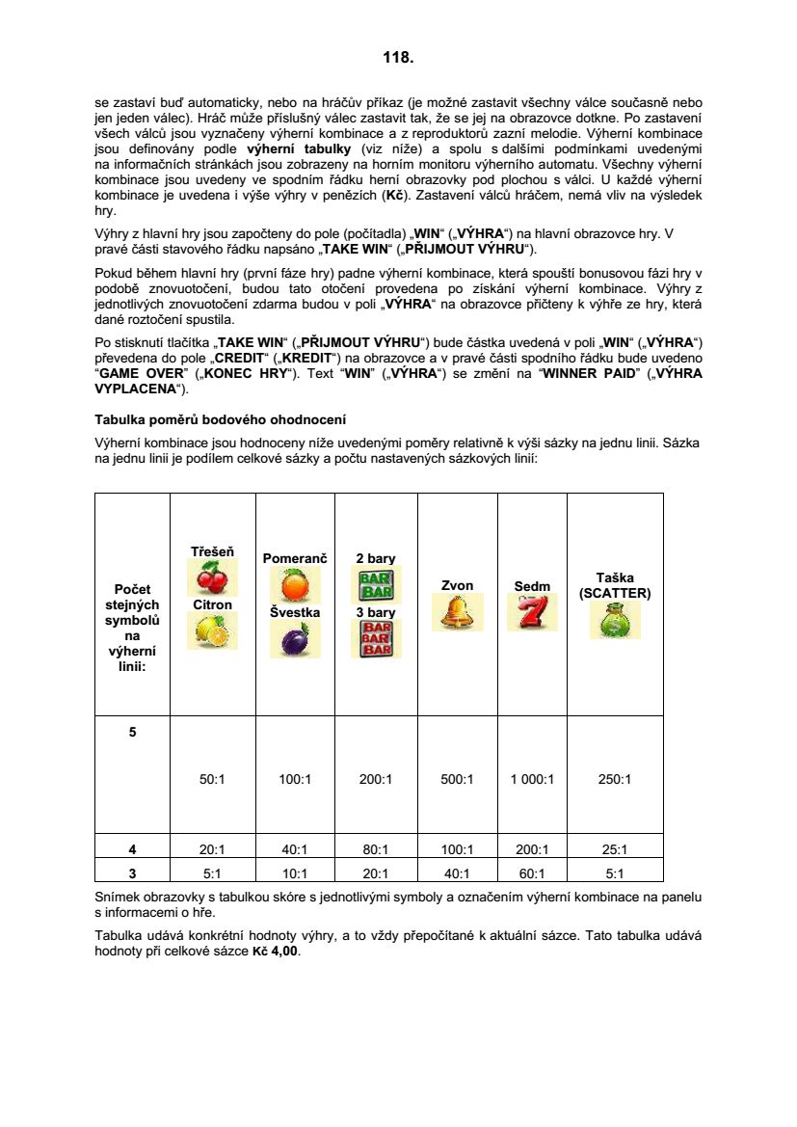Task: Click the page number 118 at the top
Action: [x=398, y=58]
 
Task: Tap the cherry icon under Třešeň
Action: [x=211, y=577]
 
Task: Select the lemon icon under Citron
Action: [x=211, y=631]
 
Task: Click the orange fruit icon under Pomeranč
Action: [x=294, y=584]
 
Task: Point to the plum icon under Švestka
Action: [x=294, y=639]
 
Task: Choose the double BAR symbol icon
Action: [x=376, y=584]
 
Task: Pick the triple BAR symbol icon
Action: [x=376, y=638]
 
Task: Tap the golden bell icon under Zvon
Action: [x=457, y=612]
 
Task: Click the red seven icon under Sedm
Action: [x=532, y=612]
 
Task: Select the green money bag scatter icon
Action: [x=615, y=621]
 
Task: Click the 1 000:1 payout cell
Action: [x=532, y=779]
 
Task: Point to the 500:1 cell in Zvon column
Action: [x=457, y=779]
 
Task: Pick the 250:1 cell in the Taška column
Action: [x=615, y=779]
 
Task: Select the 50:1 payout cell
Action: [x=212, y=779]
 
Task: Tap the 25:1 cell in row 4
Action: [x=615, y=849]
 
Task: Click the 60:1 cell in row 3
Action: [x=532, y=873]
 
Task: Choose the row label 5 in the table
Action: [x=133, y=732]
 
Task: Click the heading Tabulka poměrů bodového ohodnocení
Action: [x=221, y=420]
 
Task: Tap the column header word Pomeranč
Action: [x=295, y=558]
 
